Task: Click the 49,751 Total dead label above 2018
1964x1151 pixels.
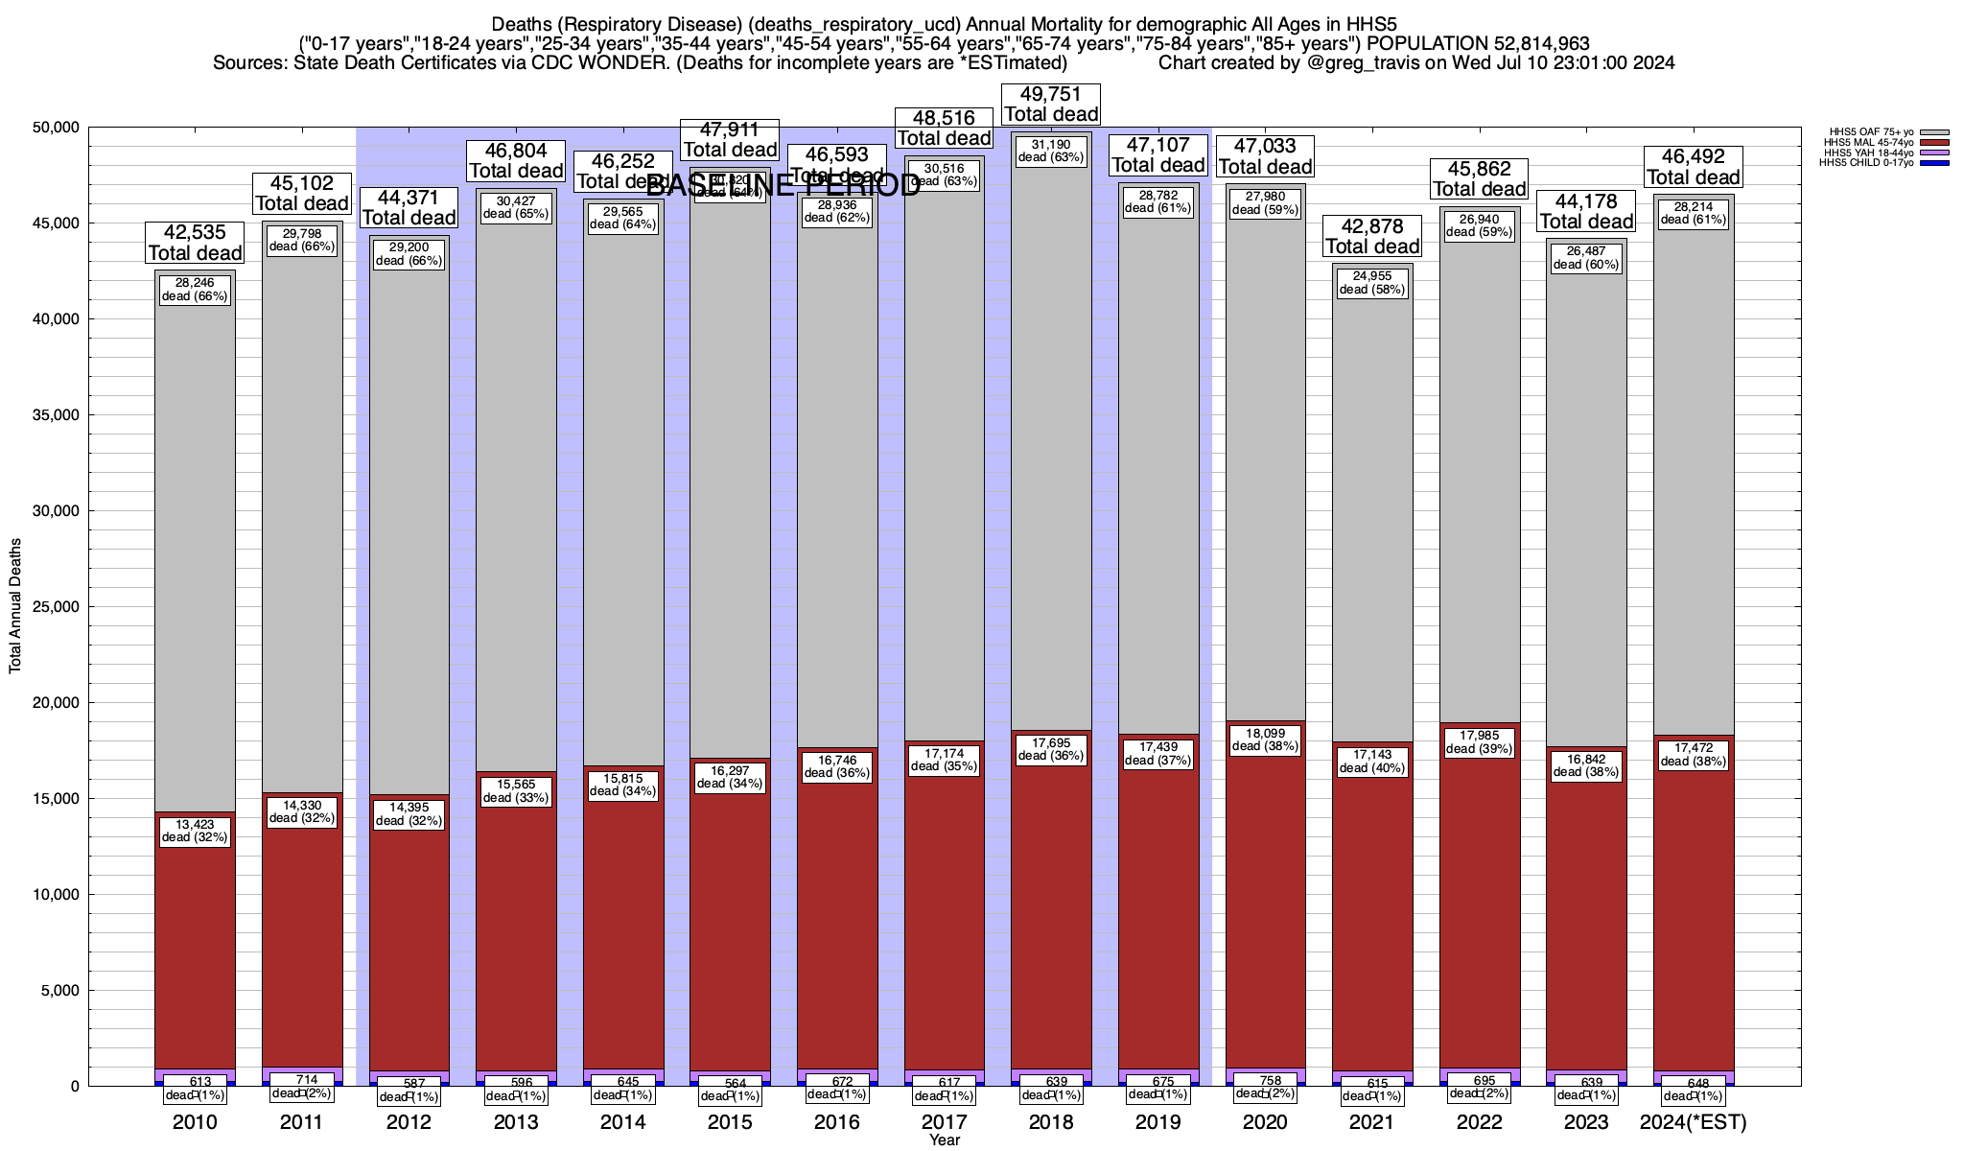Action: [1051, 105]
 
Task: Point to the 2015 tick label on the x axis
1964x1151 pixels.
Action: [730, 1122]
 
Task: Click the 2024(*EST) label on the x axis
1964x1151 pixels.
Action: [1694, 1122]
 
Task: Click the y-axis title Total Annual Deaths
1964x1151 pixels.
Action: [15, 605]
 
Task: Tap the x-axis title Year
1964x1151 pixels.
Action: [944, 1140]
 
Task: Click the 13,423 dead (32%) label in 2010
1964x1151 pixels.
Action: [195, 831]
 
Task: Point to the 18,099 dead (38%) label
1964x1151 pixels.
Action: [1265, 740]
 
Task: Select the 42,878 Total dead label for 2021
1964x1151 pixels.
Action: [1372, 236]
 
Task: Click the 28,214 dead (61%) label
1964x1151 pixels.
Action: [1694, 213]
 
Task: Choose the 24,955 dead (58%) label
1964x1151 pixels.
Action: [1372, 283]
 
